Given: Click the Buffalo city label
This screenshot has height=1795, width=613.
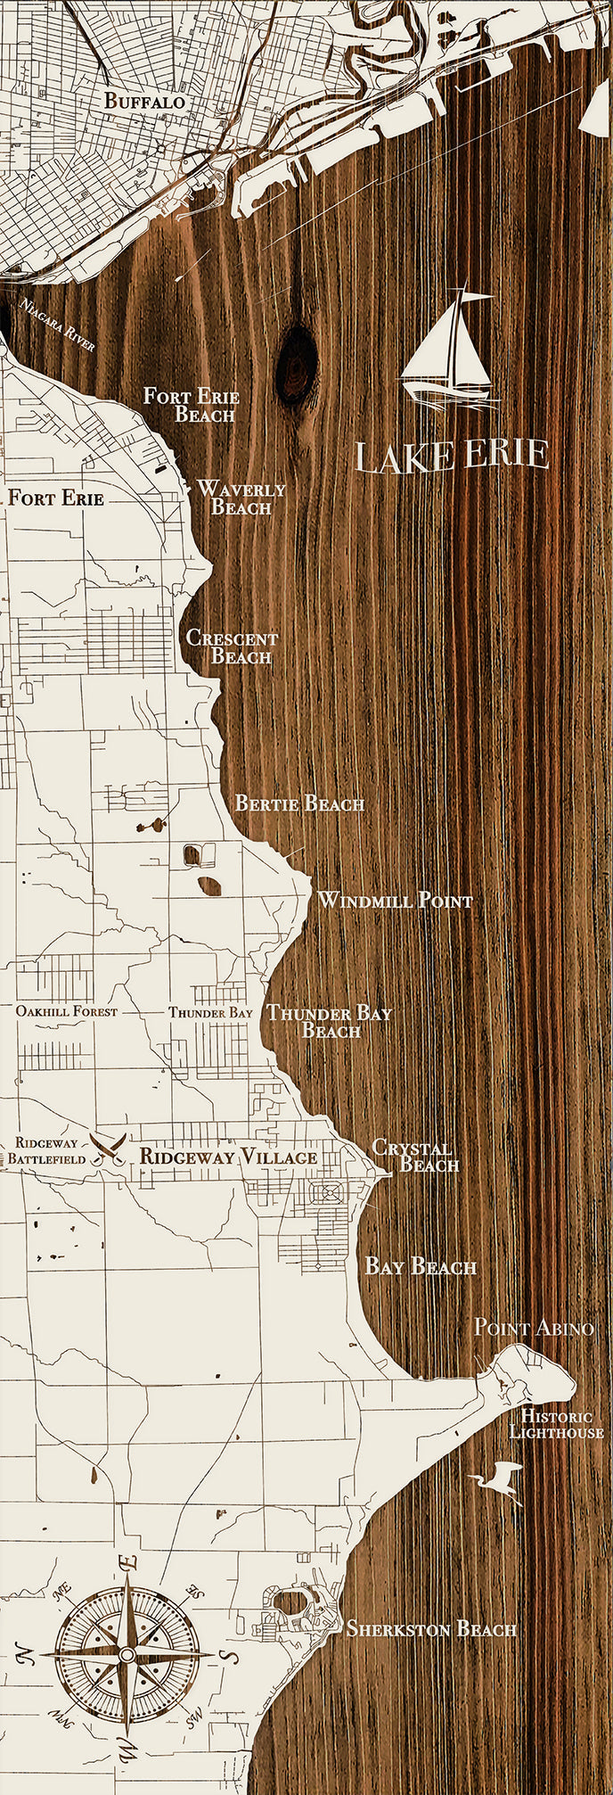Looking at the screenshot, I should (144, 102).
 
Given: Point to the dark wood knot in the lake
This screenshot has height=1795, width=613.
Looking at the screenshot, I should (297, 366).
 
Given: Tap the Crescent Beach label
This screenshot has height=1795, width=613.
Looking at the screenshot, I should (233, 647).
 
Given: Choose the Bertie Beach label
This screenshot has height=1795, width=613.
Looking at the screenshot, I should (299, 803).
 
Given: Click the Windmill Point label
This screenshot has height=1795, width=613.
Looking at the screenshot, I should (395, 901).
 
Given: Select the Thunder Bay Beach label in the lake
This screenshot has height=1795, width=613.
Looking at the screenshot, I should (330, 1022).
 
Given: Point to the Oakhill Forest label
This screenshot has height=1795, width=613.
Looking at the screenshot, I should (66, 1012).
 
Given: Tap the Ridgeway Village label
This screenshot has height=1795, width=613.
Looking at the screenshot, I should (228, 1157).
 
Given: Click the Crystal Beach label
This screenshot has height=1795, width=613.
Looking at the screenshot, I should (415, 1156).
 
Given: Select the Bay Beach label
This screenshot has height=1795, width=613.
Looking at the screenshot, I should (421, 1266).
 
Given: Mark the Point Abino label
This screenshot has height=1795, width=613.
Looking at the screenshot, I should (533, 1327).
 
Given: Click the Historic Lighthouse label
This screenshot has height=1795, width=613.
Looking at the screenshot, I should (556, 1424).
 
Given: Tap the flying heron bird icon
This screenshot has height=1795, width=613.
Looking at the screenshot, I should (500, 1482).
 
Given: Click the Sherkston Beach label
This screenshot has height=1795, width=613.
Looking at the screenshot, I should (431, 1629).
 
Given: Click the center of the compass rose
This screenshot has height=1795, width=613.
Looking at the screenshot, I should (127, 1654).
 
